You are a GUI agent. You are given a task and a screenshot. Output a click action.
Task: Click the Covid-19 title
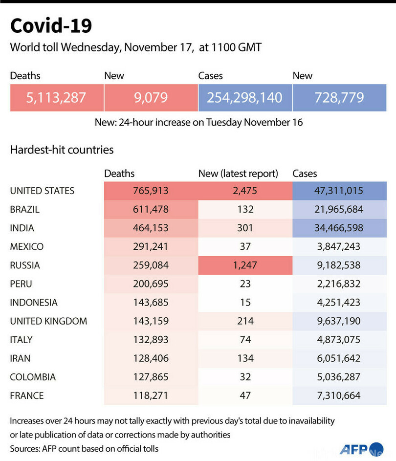tap(51, 26)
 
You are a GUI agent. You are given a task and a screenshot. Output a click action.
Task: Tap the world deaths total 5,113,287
tap(56, 97)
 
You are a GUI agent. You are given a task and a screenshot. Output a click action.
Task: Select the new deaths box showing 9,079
tap(151, 97)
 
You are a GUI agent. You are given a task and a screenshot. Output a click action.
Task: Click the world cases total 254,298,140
tap(244, 97)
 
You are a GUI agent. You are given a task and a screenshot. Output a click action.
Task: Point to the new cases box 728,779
tap(339, 97)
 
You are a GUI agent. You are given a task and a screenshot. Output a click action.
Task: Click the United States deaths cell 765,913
tap(151, 191)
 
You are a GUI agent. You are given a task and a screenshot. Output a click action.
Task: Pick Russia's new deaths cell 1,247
tap(244, 265)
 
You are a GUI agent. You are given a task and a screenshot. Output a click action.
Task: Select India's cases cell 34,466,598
tap(339, 228)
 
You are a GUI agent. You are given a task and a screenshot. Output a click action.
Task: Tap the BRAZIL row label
tap(24, 209)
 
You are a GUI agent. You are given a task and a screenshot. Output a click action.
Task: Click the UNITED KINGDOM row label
tap(48, 321)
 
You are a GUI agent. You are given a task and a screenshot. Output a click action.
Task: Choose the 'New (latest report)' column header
tap(238, 174)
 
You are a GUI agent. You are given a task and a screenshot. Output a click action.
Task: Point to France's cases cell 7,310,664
tap(339, 395)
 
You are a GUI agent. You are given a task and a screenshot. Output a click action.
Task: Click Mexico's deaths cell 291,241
tap(151, 247)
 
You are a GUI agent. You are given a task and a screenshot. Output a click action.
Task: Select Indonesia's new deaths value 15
tap(244, 303)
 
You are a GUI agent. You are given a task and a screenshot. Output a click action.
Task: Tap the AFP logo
tap(354, 449)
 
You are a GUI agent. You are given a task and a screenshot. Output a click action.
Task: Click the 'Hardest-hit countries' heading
tap(62, 150)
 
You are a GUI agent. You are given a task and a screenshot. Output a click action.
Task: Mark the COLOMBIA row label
tap(33, 377)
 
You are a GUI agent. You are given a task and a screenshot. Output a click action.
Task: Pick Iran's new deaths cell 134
tap(244, 358)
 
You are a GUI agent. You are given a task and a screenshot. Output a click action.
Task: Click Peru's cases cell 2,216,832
tap(339, 284)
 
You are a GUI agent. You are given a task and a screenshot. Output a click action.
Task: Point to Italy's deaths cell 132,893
tap(151, 340)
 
